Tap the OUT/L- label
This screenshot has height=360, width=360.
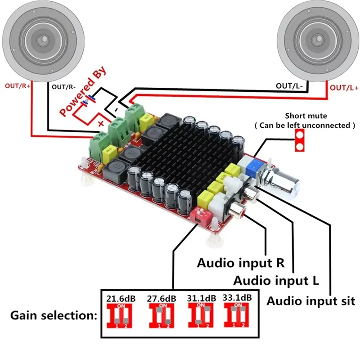(289, 85)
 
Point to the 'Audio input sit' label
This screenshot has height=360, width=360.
(311, 300)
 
